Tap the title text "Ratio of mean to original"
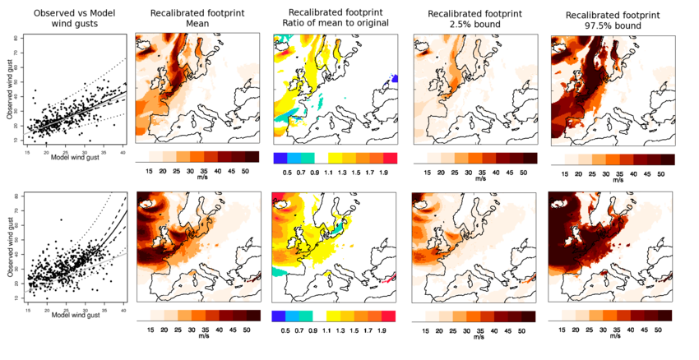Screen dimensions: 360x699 [333, 25]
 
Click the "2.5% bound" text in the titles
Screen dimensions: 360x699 [469, 25]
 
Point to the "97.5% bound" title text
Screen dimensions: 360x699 [609, 25]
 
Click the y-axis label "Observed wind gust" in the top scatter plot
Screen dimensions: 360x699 [7, 90]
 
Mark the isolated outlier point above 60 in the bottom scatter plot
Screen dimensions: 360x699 [61, 220]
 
